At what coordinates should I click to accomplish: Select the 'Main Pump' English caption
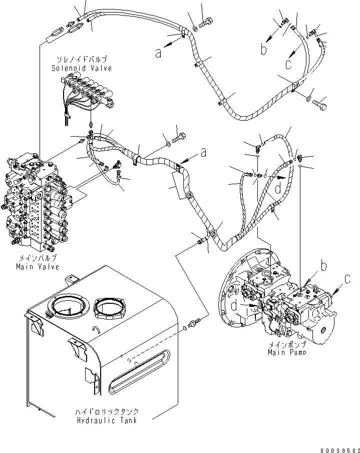pos(286,352)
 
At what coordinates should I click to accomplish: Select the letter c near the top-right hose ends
pos(289,63)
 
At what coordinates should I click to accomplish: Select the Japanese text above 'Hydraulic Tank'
pos(107,411)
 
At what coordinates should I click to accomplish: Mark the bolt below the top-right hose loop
pos(319,105)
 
